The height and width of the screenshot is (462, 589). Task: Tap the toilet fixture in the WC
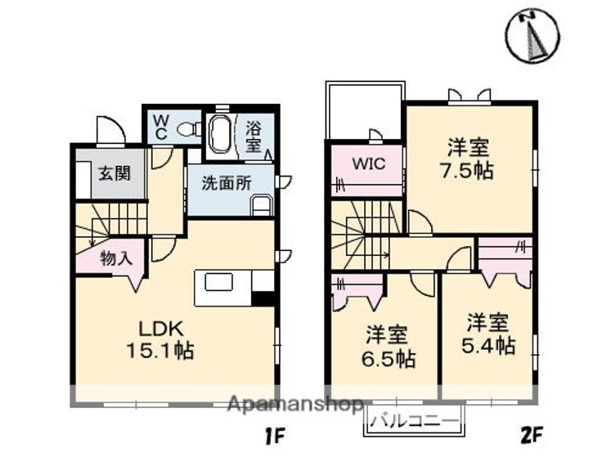point(187,129)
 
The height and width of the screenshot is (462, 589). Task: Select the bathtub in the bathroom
point(220,134)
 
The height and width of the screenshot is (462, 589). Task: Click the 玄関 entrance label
point(115,173)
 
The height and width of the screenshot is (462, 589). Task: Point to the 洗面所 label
point(227,183)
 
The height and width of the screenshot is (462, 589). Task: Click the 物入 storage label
point(116,258)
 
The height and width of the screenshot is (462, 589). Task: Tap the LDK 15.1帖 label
point(160,339)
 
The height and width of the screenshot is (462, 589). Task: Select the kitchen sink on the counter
point(218,282)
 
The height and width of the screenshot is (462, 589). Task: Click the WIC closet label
point(368,164)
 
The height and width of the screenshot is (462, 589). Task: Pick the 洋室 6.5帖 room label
point(388,347)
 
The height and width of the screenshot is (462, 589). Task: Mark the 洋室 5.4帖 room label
point(488,334)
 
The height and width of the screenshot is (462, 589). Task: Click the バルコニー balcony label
point(414,420)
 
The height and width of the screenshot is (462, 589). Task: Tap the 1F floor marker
point(276,437)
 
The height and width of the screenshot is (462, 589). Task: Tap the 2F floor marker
point(532,435)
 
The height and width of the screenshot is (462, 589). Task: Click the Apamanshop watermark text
point(295,405)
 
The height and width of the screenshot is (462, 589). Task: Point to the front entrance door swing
point(110,130)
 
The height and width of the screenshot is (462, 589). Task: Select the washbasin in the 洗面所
point(261,205)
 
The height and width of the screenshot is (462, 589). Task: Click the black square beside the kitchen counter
point(263,299)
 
